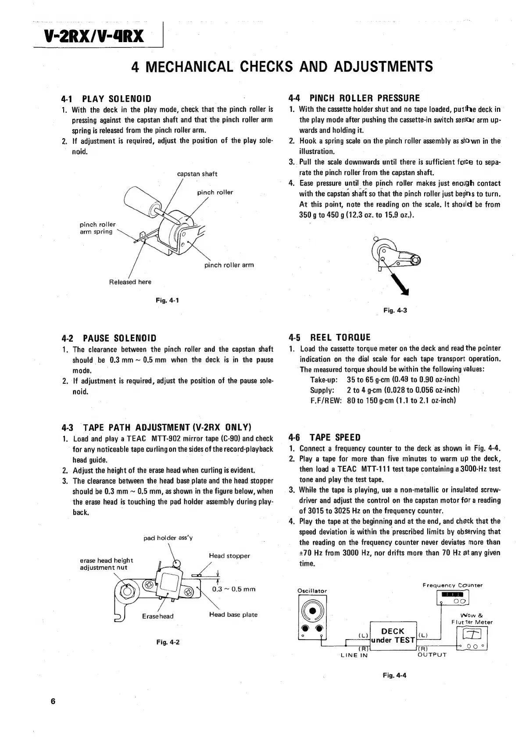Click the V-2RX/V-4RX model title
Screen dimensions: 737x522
point(94,36)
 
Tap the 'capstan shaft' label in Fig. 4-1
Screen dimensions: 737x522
point(197,174)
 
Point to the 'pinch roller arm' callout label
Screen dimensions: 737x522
point(229,265)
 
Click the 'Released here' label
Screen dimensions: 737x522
point(130,282)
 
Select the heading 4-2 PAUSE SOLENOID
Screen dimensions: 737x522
point(109,338)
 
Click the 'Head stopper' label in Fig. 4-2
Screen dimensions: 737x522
point(229,556)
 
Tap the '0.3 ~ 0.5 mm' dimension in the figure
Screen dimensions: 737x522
point(233,589)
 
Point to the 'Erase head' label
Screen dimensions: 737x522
point(157,616)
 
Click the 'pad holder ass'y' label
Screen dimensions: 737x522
point(168,538)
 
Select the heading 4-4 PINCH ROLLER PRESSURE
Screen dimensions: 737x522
point(354,98)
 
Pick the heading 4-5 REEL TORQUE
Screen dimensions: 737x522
point(329,337)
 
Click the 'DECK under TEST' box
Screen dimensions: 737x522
point(393,636)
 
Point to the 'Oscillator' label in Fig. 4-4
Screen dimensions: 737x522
point(312,591)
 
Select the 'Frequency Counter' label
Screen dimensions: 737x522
point(452,585)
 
